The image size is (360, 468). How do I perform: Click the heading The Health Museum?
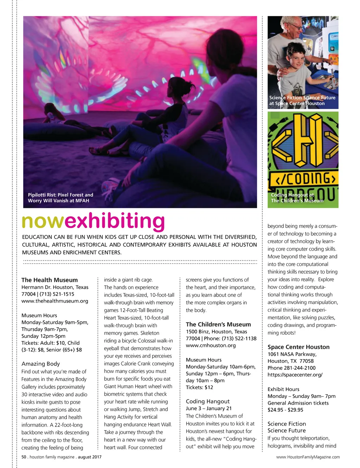[x=50, y=280]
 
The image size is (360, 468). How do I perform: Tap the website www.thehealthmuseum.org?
[x=55, y=301]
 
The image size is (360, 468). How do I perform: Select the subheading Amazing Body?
[x=41, y=364]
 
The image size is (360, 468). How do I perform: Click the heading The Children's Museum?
[x=218, y=324]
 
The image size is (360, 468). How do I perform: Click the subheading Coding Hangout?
[x=208, y=401]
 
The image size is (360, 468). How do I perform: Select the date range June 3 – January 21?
[x=209, y=408]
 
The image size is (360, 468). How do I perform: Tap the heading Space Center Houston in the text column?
[x=298, y=347]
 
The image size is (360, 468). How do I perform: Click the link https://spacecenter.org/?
[x=295, y=375]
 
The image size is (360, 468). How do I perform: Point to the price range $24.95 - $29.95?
[x=285, y=410]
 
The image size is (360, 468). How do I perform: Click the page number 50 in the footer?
[x=24, y=457]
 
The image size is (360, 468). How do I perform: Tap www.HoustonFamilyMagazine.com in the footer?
[x=308, y=457]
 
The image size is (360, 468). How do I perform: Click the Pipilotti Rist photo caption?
[x=60, y=198]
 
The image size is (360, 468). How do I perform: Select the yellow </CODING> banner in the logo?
[x=303, y=179]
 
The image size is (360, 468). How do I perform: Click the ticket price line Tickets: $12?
[x=200, y=387]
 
